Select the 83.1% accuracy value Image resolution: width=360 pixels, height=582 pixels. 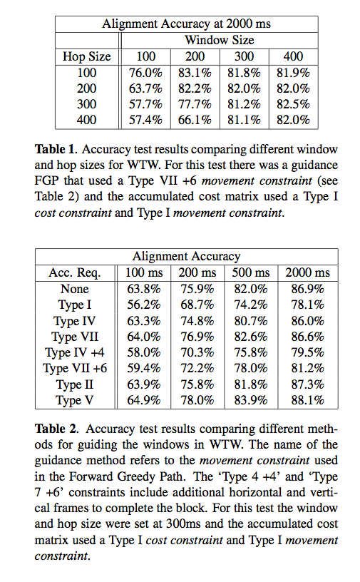194,72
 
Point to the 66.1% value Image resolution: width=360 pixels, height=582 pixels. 194,120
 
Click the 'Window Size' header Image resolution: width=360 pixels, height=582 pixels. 219,40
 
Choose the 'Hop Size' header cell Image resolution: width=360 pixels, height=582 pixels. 87,56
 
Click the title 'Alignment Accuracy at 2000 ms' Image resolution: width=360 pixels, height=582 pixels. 186,24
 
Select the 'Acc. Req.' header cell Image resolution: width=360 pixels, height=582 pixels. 75,273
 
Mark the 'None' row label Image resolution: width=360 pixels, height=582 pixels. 75,289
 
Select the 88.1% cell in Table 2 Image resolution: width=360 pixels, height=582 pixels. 307,400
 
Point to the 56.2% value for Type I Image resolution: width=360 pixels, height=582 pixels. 142,305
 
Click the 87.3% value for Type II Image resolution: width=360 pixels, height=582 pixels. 307,384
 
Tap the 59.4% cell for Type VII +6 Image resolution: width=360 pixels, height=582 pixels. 142,368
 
